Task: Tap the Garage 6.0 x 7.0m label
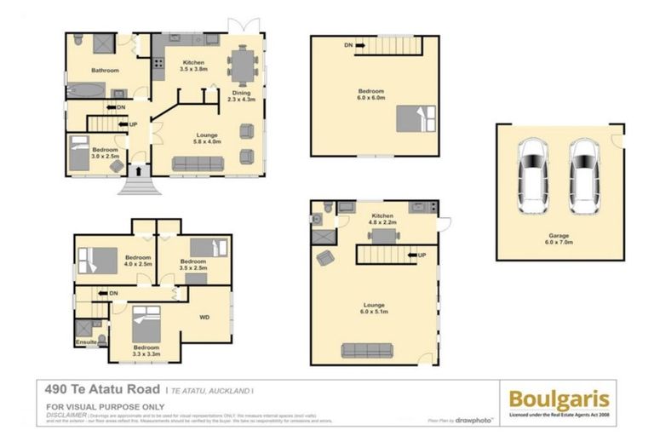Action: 559,239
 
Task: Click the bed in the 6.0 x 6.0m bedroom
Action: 416,118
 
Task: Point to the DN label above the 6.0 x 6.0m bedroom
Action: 349,45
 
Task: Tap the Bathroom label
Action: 106,70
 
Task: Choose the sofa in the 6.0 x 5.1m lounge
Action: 367,349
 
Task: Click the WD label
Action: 204,318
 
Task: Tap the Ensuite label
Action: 86,342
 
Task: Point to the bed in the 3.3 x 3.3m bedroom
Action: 146,324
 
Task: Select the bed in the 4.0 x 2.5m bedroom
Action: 99,260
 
